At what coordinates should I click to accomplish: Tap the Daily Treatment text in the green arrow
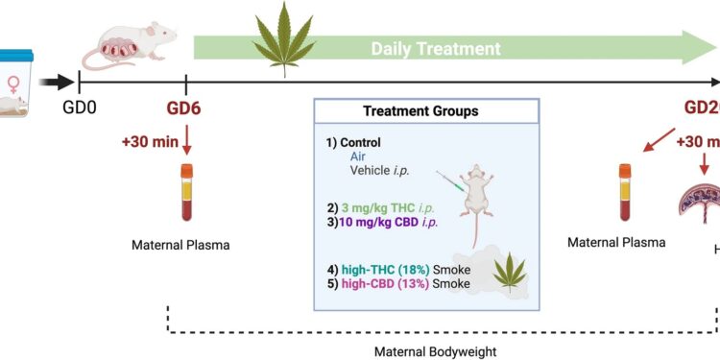point(436,48)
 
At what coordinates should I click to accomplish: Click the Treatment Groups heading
point(420,111)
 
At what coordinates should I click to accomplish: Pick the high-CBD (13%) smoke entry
point(393,283)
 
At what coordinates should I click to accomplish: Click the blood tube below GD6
point(186,192)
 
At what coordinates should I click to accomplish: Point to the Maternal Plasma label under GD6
point(180,245)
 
